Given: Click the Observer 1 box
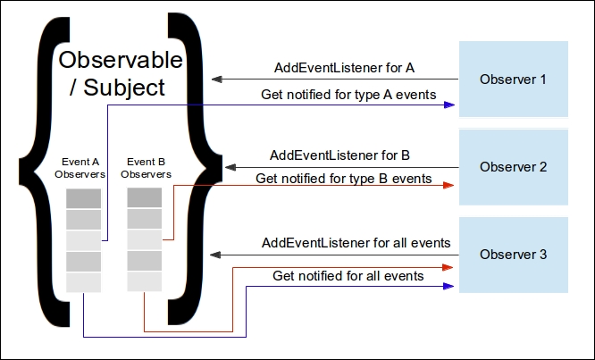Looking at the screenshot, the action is (514, 79).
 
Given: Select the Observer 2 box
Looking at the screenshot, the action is (514, 167).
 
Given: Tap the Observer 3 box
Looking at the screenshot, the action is (514, 255).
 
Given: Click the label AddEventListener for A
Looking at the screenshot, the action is (344, 68).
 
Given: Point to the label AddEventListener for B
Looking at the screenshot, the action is (339, 155).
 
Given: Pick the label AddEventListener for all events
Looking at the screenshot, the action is (356, 243).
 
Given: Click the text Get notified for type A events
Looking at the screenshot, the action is (348, 95).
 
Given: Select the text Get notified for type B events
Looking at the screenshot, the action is (343, 179).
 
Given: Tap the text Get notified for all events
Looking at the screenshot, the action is (348, 276).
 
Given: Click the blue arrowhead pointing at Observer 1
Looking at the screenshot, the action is (449, 105).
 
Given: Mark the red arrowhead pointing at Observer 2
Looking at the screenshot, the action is (448, 185).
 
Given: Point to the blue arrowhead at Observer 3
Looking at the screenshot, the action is (448, 286).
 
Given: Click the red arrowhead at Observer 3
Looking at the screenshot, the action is (448, 267).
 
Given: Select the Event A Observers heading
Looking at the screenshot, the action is (80, 168).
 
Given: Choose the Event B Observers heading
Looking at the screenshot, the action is (147, 168).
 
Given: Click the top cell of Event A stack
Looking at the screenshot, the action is (83, 198).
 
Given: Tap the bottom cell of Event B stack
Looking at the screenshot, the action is (144, 281).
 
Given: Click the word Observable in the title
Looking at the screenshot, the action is (121, 60).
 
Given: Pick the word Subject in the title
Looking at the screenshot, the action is (123, 88).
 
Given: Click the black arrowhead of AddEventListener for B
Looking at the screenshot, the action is (230, 167).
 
